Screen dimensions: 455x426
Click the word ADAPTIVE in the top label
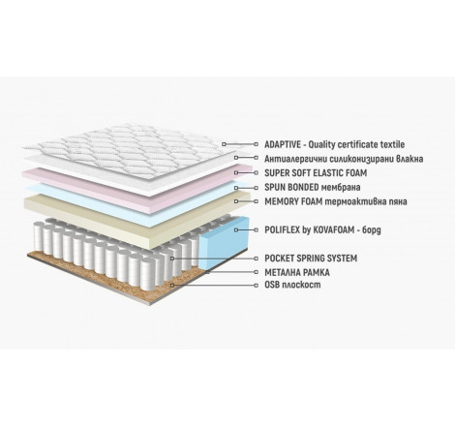click(x=283, y=144)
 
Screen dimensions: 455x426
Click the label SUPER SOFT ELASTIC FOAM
click(x=316, y=173)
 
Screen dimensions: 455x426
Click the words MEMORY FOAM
click(x=293, y=201)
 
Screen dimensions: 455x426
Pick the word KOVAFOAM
click(x=333, y=229)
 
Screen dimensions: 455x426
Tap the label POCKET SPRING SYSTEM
click(x=311, y=259)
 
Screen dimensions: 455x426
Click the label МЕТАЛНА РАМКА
click(x=297, y=272)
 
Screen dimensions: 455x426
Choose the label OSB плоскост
click(x=292, y=285)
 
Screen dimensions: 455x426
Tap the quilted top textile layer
click(x=129, y=149)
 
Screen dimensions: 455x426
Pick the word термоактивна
click(x=356, y=201)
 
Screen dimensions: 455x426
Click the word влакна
click(x=409, y=159)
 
